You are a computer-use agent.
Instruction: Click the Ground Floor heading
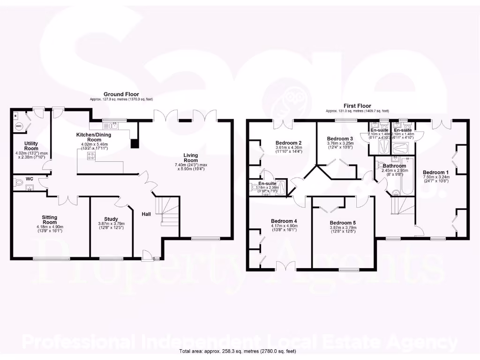click(x=121, y=94)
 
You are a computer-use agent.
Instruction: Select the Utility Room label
click(x=31, y=146)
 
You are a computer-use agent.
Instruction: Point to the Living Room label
click(x=190, y=158)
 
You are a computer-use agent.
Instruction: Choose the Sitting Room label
click(x=49, y=220)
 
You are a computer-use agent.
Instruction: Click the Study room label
click(x=111, y=218)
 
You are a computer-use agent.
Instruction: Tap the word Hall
click(x=146, y=214)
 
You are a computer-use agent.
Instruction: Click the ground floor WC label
click(x=30, y=179)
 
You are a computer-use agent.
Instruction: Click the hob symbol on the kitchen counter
click(x=90, y=156)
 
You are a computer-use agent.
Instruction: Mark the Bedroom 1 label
click(x=436, y=172)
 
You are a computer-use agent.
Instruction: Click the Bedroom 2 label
click(x=288, y=143)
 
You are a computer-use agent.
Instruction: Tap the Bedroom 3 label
click(x=340, y=139)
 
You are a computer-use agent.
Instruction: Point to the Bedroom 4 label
click(x=284, y=221)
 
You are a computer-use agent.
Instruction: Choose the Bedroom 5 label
click(x=343, y=223)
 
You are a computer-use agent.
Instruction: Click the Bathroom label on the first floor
click(x=394, y=165)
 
